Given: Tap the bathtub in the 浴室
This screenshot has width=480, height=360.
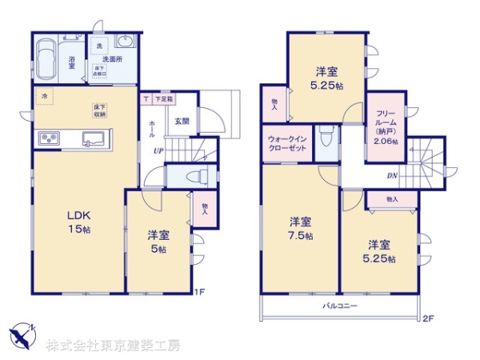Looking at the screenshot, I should (x=48, y=58).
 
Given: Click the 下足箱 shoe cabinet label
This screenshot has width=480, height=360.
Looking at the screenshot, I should (x=163, y=99).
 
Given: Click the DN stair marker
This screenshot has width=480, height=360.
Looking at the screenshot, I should (x=391, y=175).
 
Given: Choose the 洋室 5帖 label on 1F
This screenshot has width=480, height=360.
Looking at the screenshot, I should (x=157, y=242).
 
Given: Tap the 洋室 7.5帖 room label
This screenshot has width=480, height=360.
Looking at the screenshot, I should (x=301, y=228).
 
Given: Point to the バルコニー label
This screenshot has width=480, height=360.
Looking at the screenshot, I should (x=340, y=307).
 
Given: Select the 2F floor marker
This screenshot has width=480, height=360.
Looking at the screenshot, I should (x=428, y=318).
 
